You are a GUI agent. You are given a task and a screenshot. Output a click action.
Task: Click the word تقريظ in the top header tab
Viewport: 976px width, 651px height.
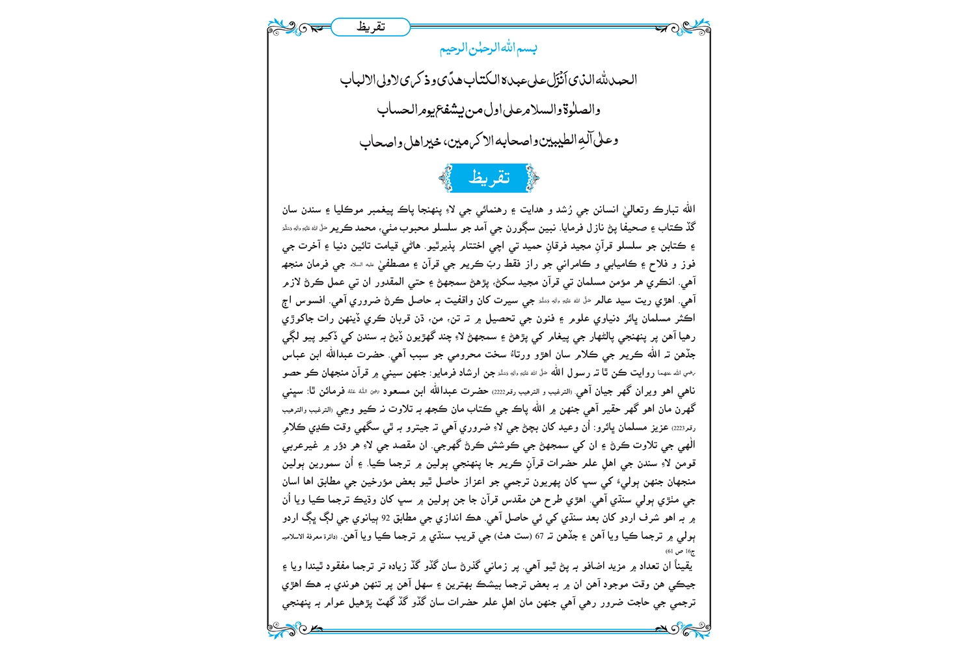[371, 27]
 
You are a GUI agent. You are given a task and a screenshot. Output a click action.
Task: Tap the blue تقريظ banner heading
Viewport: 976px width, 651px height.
[489, 178]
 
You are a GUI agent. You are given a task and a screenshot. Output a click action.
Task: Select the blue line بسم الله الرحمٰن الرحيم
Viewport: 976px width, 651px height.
[488, 48]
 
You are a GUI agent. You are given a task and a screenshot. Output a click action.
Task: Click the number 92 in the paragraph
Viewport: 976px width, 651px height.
[385, 519]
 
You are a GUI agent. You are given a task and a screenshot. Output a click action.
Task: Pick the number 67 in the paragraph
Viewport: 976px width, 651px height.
[539, 537]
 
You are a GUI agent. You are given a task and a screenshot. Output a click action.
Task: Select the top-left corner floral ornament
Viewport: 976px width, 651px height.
[284, 28]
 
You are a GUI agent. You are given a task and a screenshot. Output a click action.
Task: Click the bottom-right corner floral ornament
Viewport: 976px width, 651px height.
[694, 629]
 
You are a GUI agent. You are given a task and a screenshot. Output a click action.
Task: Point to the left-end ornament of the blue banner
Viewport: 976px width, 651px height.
[446, 178]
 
